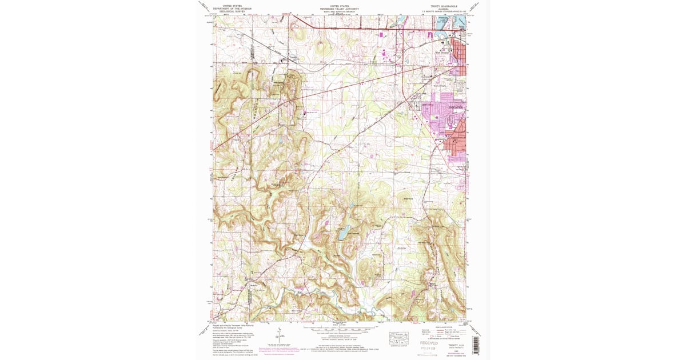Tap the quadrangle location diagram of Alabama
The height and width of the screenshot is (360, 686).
click(398, 338)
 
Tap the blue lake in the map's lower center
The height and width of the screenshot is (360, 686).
click(343, 233)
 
